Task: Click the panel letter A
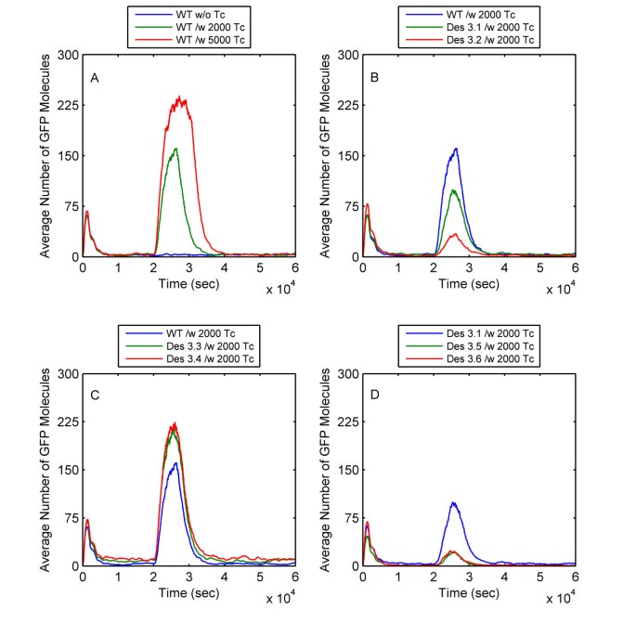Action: (95, 78)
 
